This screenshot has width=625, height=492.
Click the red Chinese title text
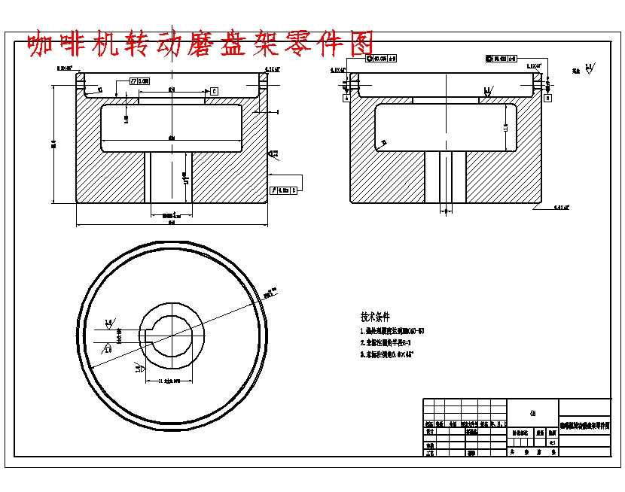[x=200, y=44]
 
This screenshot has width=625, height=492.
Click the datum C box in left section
[x=214, y=91]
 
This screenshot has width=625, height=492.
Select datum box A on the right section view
[x=346, y=97]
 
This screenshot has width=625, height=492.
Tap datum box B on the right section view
[x=547, y=97]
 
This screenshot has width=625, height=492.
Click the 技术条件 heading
[x=375, y=317]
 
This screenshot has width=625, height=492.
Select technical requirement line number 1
[x=392, y=331]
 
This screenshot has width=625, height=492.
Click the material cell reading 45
[x=533, y=413]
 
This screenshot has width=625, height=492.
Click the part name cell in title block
[x=585, y=426]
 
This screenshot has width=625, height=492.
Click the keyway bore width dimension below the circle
[x=166, y=381]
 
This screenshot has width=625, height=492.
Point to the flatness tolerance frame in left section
[x=140, y=80]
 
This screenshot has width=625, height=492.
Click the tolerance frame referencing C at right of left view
[x=284, y=190]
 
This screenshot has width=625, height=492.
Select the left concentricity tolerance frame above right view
[x=381, y=58]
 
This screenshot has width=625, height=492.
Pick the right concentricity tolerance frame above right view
[x=502, y=58]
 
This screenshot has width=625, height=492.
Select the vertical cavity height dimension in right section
[x=506, y=129]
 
